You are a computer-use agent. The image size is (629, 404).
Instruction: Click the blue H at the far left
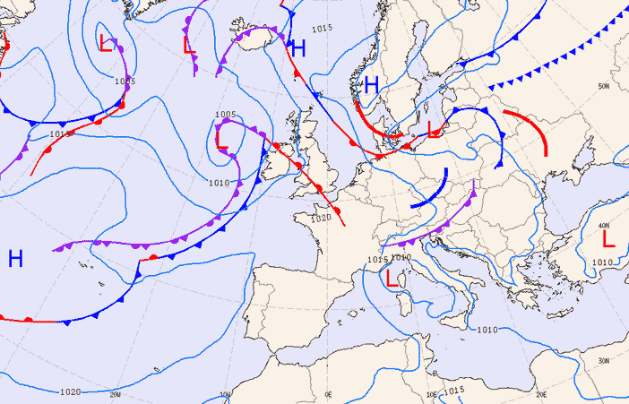pyautogui.click(x=15, y=259)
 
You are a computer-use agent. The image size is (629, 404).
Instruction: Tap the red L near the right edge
pyautogui.click(x=608, y=238)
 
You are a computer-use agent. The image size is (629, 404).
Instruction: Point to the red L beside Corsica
pyautogui.click(x=391, y=278)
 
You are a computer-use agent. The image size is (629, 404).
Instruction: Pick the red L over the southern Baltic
pyautogui.click(x=435, y=130)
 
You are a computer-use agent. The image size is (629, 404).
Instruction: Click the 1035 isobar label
pyautogui.click(x=125, y=82)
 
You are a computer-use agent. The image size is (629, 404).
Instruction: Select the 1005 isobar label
pyautogui.click(x=225, y=115)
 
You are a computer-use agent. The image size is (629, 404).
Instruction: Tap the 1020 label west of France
pyautogui.click(x=321, y=218)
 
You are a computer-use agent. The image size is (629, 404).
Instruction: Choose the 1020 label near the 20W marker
pyautogui.click(x=70, y=391)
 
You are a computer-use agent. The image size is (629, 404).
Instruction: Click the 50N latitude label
pyautogui.click(x=604, y=87)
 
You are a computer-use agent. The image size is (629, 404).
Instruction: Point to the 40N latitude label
pyautogui.click(x=604, y=226)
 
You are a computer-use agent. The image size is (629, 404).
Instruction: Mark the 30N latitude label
pyautogui.click(x=604, y=361)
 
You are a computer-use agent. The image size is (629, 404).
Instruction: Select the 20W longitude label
pyautogui.click(x=115, y=394)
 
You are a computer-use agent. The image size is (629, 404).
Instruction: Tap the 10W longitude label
pyautogui.click(x=225, y=394)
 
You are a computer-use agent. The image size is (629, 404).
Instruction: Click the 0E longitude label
pyautogui.click(x=328, y=394)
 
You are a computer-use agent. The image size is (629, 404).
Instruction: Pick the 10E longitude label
pyautogui.click(x=432, y=394)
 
